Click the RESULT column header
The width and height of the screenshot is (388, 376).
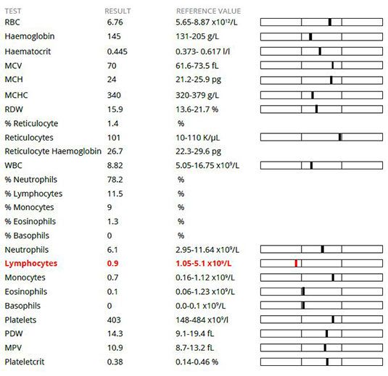click(x=117, y=11)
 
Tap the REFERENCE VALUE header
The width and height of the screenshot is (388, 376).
click(x=208, y=11)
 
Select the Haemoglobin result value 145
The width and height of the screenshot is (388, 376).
click(x=114, y=36)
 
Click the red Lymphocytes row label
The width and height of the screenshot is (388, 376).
click(x=31, y=264)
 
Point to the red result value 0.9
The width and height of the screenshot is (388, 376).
click(x=112, y=264)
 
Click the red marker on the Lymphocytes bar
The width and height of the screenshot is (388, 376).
click(x=296, y=263)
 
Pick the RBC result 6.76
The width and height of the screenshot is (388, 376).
click(x=115, y=22)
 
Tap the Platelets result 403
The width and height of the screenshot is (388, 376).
click(x=114, y=320)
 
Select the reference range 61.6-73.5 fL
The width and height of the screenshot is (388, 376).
click(x=197, y=66)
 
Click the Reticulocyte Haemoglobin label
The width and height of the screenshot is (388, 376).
click(x=53, y=151)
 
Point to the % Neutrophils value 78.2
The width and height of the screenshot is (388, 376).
click(x=115, y=180)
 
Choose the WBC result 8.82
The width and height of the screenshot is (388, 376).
click(x=115, y=165)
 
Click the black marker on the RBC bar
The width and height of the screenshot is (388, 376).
click(x=330, y=22)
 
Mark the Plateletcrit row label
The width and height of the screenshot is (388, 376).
click(x=25, y=362)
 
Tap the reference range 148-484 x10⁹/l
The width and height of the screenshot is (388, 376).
click(x=202, y=320)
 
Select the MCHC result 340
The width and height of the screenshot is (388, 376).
click(x=114, y=95)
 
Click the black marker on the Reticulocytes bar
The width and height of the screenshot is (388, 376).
click(x=340, y=137)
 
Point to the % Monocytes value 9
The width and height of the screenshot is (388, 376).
click(x=110, y=207)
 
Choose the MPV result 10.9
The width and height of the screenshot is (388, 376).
click(x=115, y=348)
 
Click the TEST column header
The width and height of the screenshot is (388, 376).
click(x=13, y=11)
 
